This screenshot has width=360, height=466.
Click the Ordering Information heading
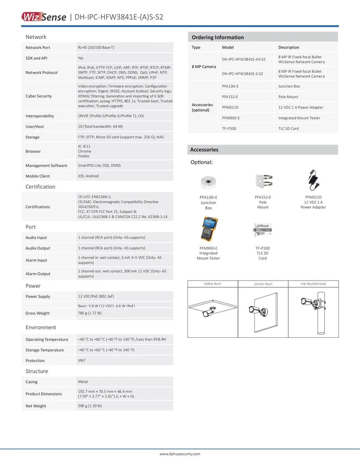pos(217,37)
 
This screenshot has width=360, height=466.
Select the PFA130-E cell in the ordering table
pos(230,86)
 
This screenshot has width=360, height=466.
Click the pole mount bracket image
pos(263,181)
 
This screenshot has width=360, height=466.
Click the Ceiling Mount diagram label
pos(212,284)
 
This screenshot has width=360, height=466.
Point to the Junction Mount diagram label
pos(263,284)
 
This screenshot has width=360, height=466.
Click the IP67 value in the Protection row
pos(82,361)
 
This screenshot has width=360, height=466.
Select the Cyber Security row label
pos(39,96)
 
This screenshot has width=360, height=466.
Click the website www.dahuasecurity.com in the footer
pos(180,453)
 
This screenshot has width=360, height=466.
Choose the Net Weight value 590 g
pos(90,406)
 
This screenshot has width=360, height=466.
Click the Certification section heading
pos(40,187)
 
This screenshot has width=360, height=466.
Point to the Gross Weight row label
pos(37,313)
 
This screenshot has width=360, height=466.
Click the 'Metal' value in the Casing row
pos(83,382)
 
